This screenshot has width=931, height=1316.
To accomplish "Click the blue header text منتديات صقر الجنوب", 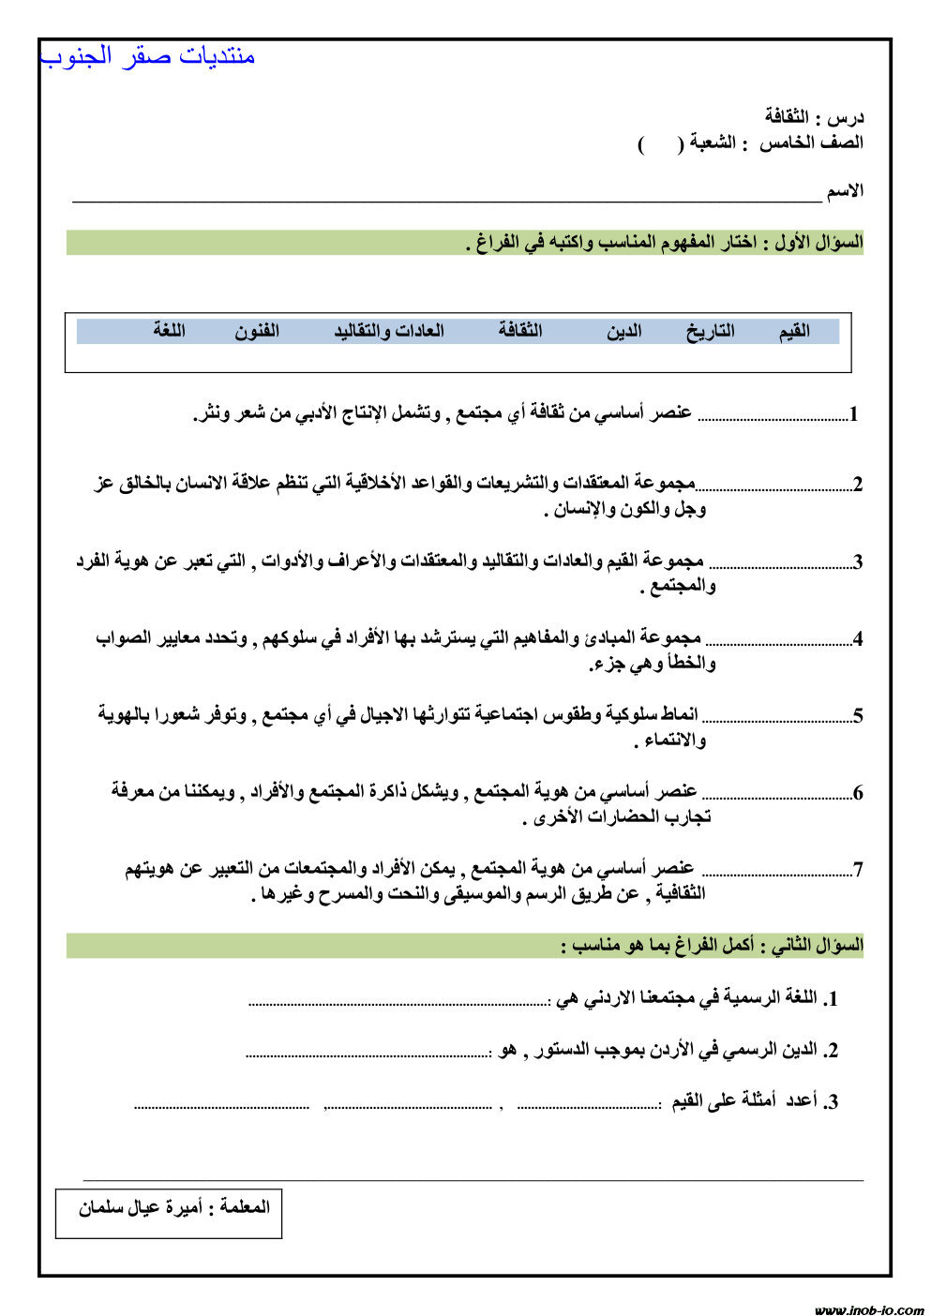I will [148, 56].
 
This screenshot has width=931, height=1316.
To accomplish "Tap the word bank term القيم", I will [793, 331].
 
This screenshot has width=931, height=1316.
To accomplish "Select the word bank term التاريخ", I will [710, 331].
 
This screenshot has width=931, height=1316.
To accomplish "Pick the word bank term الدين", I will [623, 331].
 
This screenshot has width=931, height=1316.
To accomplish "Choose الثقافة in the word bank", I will [520, 331].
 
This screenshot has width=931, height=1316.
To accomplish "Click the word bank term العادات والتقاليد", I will [388, 331].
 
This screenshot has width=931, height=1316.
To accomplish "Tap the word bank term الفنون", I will [257, 331].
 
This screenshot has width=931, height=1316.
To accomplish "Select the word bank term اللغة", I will [170, 331].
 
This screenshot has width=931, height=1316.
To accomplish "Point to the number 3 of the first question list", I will [857, 562].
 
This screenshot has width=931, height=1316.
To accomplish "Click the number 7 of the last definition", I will [857, 870].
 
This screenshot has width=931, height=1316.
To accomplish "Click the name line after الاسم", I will [446, 200].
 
